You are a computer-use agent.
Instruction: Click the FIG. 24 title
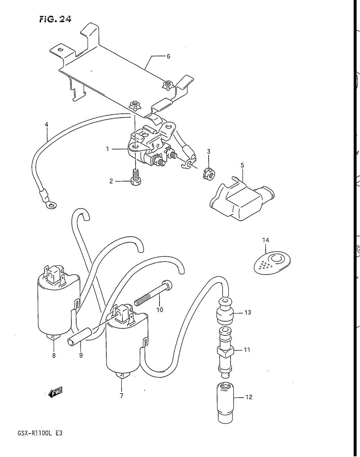coord(55,19)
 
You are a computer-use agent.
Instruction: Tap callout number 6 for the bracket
coord(168,56)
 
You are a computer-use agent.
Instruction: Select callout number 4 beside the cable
coord(46,125)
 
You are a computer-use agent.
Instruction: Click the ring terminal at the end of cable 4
coord(51,205)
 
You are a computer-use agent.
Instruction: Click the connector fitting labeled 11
coord(225,350)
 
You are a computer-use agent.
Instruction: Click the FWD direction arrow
coord(55,393)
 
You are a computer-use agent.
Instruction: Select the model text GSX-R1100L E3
coord(40,433)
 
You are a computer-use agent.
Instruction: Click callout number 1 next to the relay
coord(107,149)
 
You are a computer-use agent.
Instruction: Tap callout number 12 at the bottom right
coord(249,397)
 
